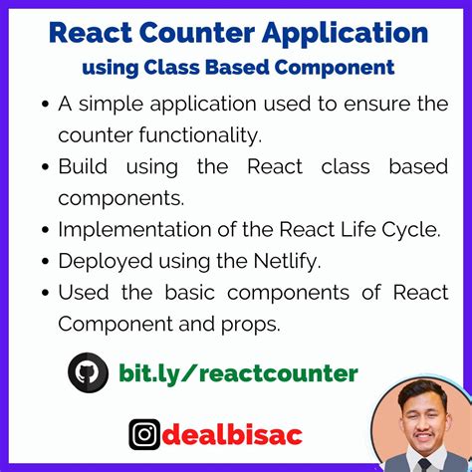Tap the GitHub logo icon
click(88, 373)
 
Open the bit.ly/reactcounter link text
click(238, 373)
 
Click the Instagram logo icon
click(144, 434)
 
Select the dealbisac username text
click(231, 434)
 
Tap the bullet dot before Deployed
click(44, 262)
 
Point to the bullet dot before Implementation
click(44, 230)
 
